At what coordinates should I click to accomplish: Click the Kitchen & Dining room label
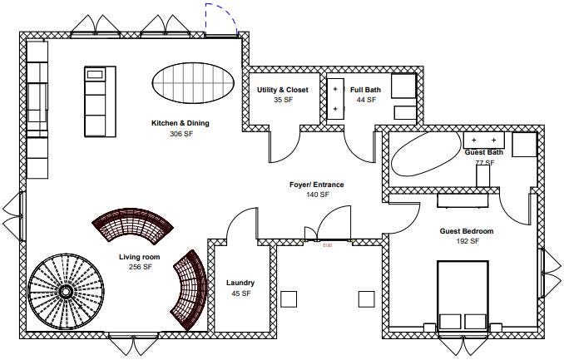coord(180,123)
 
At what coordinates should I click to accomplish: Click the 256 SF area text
coord(140,267)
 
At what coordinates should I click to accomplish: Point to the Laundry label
coord(240,283)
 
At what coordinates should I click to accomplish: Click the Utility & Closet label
coord(283,90)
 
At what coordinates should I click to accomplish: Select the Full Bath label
coord(366,90)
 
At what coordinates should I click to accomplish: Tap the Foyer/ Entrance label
coord(317,185)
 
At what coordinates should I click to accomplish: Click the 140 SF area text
coord(318,195)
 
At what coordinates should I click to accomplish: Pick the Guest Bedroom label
coord(467,231)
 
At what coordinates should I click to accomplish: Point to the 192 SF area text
coord(467,241)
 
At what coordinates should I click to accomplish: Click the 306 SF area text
coord(180,133)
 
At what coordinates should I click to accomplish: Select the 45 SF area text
coord(240,293)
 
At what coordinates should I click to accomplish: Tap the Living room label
coord(140,257)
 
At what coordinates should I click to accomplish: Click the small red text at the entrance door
coord(327,245)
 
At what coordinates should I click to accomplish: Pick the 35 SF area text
coord(283,100)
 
